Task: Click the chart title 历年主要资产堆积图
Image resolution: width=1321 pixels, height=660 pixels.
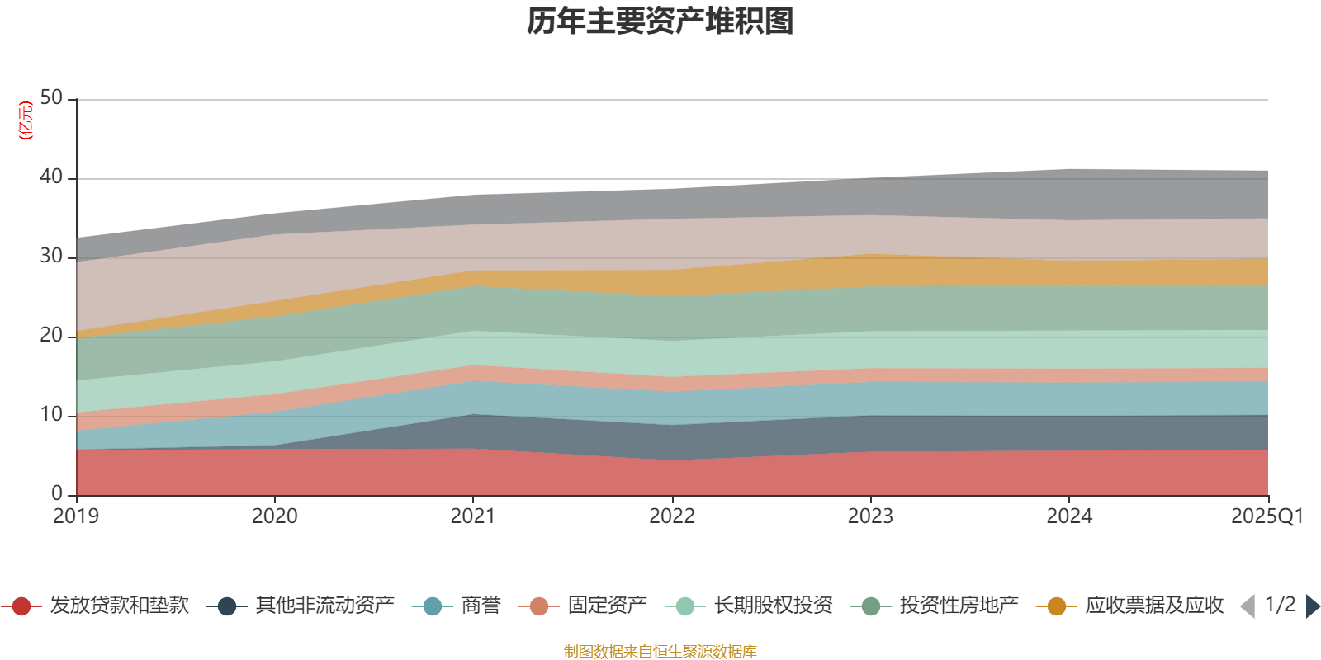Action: [x=660, y=21]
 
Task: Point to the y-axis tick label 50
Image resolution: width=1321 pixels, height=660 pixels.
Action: [x=51, y=98]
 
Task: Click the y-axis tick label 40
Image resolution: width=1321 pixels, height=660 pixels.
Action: [x=51, y=177]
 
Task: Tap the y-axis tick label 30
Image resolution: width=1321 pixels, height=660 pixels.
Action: [x=51, y=257]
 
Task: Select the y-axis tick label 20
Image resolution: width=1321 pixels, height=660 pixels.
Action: [x=51, y=336]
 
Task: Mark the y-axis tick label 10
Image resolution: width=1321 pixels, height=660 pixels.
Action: [x=51, y=415]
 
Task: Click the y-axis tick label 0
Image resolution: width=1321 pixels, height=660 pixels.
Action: [x=57, y=493]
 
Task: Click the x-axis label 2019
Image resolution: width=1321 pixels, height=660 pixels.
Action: [x=76, y=516]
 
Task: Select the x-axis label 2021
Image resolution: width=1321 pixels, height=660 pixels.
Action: [x=472, y=516]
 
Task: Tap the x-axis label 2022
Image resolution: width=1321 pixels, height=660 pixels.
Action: [x=671, y=516]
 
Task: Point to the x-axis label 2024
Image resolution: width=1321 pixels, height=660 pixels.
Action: [x=1069, y=516]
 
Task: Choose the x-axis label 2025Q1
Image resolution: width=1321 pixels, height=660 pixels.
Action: [x=1267, y=516]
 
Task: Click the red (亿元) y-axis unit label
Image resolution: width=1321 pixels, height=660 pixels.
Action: [x=26, y=120]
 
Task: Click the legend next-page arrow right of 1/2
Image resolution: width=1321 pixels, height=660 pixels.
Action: [x=1312, y=606]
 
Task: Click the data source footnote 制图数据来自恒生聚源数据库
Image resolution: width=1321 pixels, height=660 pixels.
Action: [x=660, y=652]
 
